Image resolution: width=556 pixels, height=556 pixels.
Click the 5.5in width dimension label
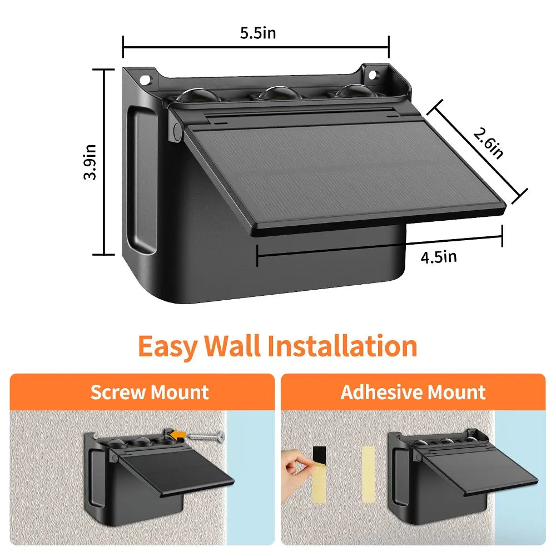257,33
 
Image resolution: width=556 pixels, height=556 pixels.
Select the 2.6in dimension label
488,143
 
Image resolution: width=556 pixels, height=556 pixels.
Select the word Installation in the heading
342,346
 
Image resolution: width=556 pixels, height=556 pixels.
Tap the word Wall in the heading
232,346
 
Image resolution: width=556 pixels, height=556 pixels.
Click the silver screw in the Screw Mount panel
206,436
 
